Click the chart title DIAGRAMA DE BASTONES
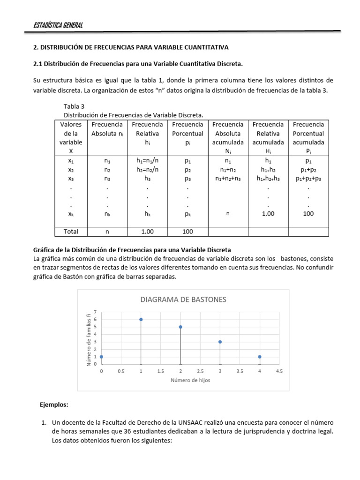tap(183, 299)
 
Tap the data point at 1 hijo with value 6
tap(141, 319)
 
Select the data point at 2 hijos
tap(180, 327)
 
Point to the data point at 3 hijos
tap(220, 342)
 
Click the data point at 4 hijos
tap(259, 357)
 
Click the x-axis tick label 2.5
tap(200, 371)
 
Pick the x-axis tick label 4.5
tap(279, 371)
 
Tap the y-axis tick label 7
tap(95, 312)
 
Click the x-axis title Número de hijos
tap(190, 380)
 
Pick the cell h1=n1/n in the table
tap(147, 160)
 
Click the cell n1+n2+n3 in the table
tap(227, 178)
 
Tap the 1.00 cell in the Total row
tap(147, 231)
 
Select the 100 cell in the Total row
tap(187, 231)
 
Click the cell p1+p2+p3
tap(308, 178)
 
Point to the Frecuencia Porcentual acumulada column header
tap(308, 138)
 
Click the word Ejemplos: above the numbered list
tap(54, 404)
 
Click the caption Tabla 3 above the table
tap(74, 106)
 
